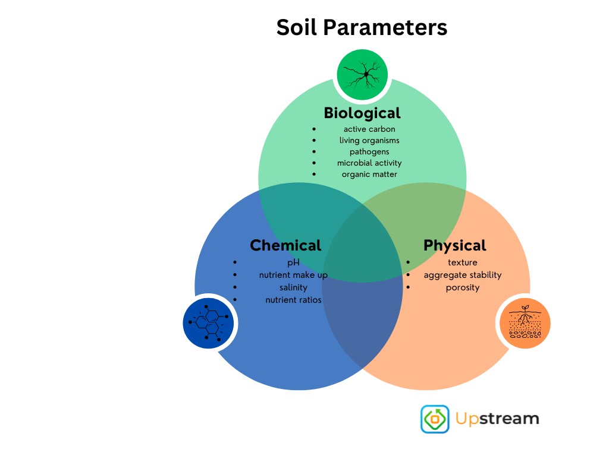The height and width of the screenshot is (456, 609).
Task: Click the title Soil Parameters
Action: [362, 27]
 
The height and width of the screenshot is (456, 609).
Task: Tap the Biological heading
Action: [362, 112]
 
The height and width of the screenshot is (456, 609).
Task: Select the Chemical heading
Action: [285, 245]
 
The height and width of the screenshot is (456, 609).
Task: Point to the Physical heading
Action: [455, 245]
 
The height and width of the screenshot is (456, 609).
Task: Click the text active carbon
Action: [369, 129]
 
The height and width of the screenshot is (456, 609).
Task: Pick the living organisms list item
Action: [369, 141]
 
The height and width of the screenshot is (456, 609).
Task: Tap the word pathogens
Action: [369, 152]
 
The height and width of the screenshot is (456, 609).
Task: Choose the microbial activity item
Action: [369, 163]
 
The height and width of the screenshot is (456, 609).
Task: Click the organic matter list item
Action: [369, 175]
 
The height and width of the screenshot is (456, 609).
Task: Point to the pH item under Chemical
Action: [293, 262]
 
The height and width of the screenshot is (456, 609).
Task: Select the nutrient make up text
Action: [293, 275]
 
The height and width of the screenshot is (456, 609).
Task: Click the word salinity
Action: [293, 287]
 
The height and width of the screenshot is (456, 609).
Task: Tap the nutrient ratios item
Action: [293, 300]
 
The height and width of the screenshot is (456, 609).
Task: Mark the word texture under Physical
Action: [463, 262]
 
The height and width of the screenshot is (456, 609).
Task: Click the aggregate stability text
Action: [463, 275]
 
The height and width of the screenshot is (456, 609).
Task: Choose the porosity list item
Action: [463, 287]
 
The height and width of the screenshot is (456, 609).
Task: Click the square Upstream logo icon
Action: [435, 419]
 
